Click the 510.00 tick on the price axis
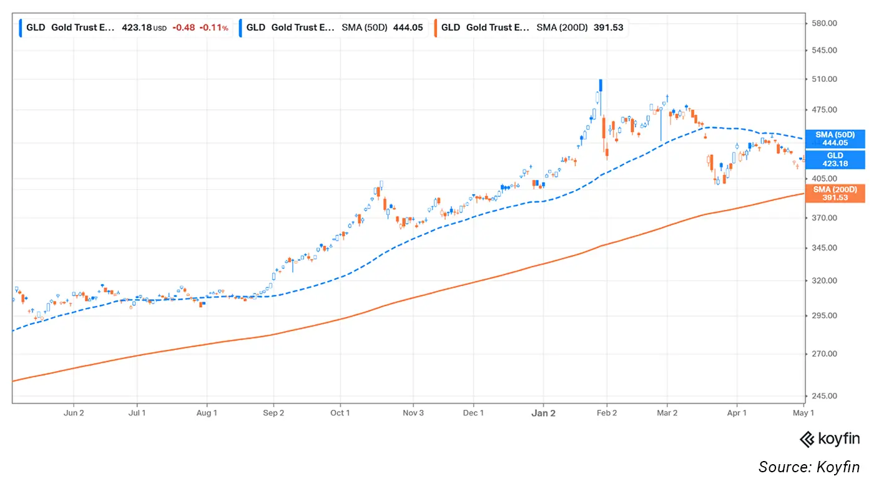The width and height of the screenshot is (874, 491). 824,79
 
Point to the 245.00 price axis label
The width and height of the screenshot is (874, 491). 824,396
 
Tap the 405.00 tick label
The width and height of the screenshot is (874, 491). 824,179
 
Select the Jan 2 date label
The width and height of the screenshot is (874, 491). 543,414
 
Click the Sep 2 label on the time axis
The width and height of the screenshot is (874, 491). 273,413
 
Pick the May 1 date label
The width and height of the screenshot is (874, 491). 803,413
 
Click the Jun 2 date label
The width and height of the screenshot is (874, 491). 74,413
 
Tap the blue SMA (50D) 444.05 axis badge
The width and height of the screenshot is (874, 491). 835,139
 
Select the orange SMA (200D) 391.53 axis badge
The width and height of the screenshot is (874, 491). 835,193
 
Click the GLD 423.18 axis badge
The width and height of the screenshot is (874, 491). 835,159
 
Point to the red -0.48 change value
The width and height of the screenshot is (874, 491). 184,27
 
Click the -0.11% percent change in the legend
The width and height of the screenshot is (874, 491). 214,27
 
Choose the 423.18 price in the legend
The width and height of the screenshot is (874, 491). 137,27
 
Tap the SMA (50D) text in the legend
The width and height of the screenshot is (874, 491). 365,27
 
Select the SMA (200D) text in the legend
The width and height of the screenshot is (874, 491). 562,27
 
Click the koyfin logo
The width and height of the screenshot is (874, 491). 830,439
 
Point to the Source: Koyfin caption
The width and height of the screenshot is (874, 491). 809,467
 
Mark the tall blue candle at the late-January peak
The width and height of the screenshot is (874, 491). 601,86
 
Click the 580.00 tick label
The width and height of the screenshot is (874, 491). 824,23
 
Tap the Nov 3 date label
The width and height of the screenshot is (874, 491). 413,413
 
